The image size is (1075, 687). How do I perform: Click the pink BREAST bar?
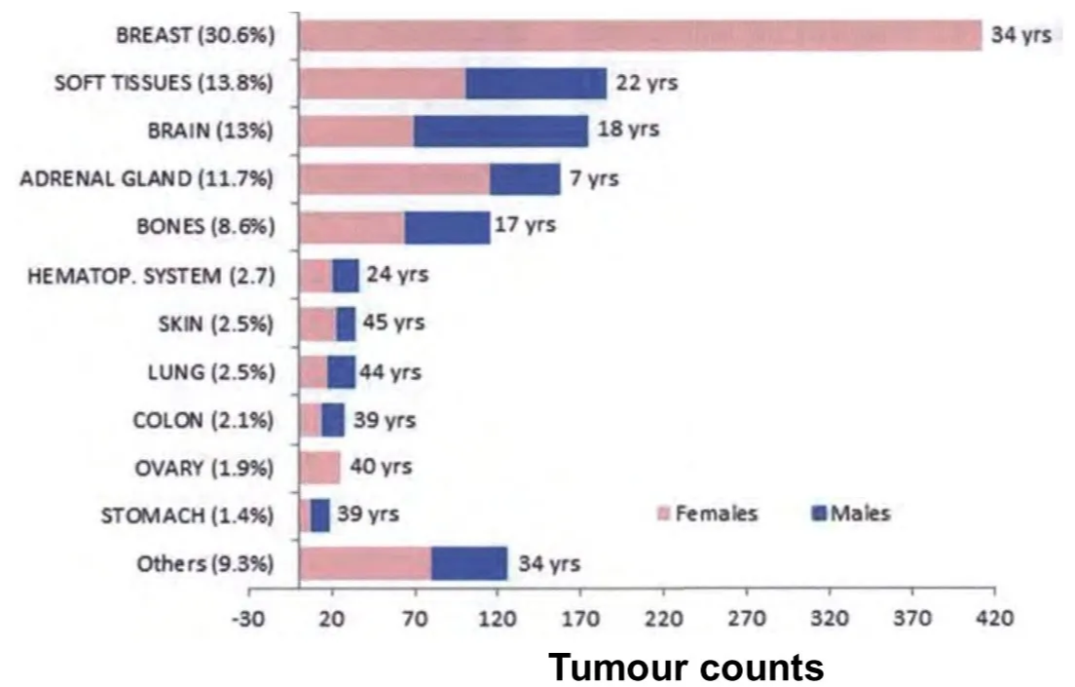tap(640, 35)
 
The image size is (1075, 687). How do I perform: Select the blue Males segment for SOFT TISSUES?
tap(536, 84)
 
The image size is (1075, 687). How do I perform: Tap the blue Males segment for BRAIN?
tap(500, 132)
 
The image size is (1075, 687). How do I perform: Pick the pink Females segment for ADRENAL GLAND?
tap(394, 179)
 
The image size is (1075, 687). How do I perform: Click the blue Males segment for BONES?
tap(447, 227)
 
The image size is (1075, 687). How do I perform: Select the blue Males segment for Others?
tap(469, 563)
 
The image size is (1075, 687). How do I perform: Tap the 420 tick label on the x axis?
tap(994, 618)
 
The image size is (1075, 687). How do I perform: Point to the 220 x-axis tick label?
tap(663, 618)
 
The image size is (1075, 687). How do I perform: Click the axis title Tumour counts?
tap(686, 668)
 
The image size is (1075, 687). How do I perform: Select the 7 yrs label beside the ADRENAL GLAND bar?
tap(594, 179)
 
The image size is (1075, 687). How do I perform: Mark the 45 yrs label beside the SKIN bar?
tap(394, 324)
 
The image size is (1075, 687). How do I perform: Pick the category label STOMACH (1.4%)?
tap(188, 515)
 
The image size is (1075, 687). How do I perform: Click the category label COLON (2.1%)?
tap(204, 420)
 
